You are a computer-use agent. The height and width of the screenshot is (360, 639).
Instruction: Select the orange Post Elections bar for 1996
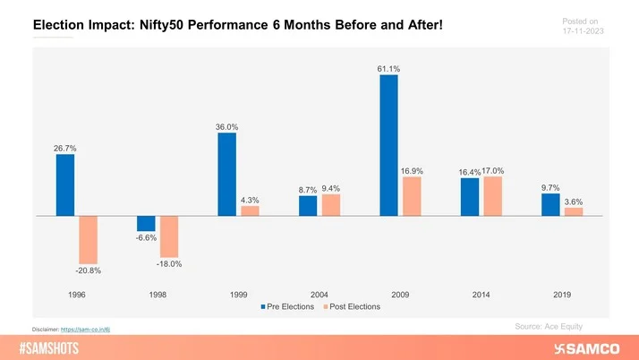pos(88,239)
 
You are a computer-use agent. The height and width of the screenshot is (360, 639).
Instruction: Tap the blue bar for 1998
pos(146,224)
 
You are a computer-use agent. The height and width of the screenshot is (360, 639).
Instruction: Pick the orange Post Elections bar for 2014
pos(492,196)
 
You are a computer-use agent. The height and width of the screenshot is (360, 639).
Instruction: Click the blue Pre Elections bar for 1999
pos(226,175)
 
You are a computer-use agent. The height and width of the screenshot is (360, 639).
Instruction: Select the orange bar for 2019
pos(574,212)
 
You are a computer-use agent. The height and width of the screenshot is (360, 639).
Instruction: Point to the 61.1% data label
pos(388,67)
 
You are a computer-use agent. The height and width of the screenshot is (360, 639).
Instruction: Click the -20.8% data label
pos(88,270)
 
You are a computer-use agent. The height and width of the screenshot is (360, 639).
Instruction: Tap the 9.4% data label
pos(331,188)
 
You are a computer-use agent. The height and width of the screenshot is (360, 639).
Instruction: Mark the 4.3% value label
pos(251,199)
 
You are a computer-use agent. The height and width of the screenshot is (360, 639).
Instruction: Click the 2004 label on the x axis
pos(319,294)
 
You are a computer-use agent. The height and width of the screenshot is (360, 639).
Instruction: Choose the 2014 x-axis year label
pos(481,294)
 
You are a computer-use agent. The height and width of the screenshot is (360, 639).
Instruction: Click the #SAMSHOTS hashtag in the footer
pos(55,347)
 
